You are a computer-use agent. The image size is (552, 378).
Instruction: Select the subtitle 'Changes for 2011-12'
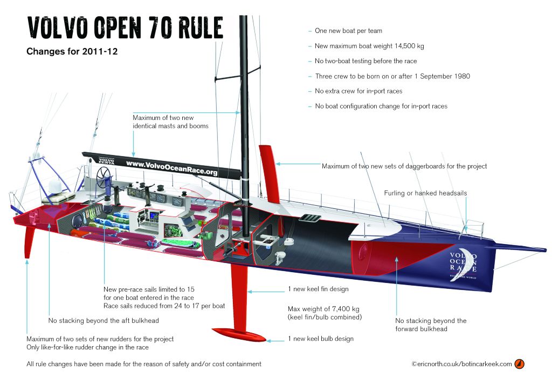pyautogui.click(x=72, y=51)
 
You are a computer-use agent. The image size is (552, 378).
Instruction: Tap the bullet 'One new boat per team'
pyautogui.click(x=349, y=31)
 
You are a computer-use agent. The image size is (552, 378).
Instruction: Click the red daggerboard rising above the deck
pyautogui.click(x=270, y=173)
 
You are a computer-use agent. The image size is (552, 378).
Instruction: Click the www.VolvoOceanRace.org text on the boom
pyautogui.click(x=172, y=167)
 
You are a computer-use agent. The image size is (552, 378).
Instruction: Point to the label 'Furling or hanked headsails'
pyautogui.click(x=425, y=193)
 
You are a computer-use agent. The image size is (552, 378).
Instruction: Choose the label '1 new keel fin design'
pyautogui.click(x=318, y=289)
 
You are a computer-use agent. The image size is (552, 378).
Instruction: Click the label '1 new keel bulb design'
pyautogui.click(x=321, y=339)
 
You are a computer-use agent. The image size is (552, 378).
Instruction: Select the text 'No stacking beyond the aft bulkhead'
pyautogui.click(x=103, y=321)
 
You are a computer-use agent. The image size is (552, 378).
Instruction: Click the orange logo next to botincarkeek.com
pyautogui.click(x=519, y=364)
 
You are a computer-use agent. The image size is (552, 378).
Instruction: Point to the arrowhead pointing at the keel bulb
pyautogui.click(x=269, y=341)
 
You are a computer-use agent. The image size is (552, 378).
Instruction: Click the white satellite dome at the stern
pyautogui.click(x=56, y=186)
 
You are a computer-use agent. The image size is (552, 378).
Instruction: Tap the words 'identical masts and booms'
pyautogui.click(x=170, y=126)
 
